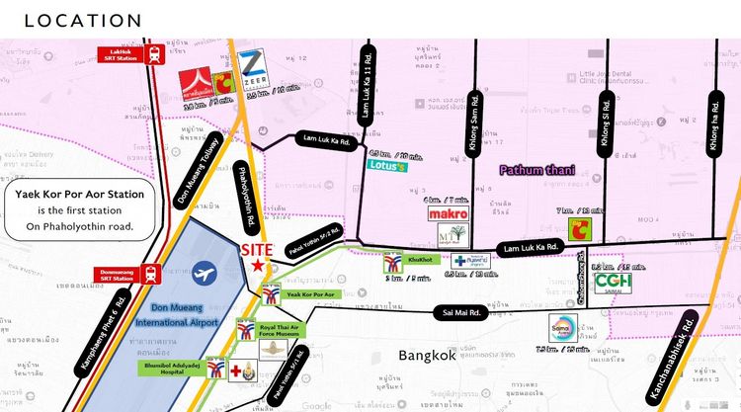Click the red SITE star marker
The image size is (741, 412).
click(x=257, y=265)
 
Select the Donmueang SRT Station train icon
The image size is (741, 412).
click(x=152, y=274)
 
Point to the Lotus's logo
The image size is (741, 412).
click(x=387, y=166)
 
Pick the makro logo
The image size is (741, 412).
click(x=447, y=213)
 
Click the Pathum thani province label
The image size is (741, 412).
click(x=534, y=170)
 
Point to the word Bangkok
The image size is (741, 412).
click(x=427, y=355)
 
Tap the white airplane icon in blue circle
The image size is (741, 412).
click(x=206, y=272)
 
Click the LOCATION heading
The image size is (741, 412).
click(x=83, y=21)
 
